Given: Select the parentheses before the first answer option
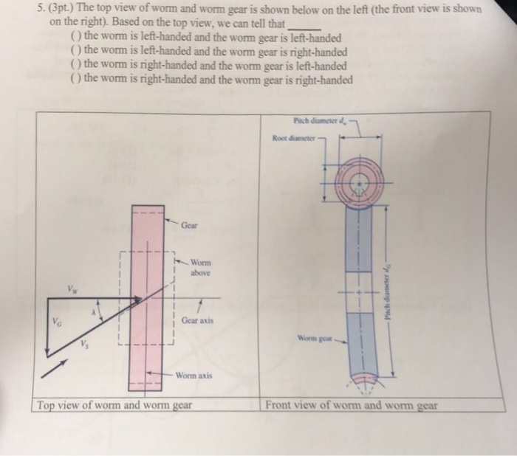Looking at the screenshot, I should pyautogui.click(x=75, y=38).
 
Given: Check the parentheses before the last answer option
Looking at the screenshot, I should pyautogui.click(x=75, y=80).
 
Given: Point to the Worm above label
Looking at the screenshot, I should pyautogui.click(x=200, y=266).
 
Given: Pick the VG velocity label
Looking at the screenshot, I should pyautogui.click(x=55, y=322).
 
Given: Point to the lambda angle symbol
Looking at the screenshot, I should pyautogui.click(x=92, y=312).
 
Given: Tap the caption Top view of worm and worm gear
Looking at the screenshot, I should pyautogui.click(x=114, y=405).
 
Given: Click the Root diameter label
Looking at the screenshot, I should pyautogui.click(x=294, y=137).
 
